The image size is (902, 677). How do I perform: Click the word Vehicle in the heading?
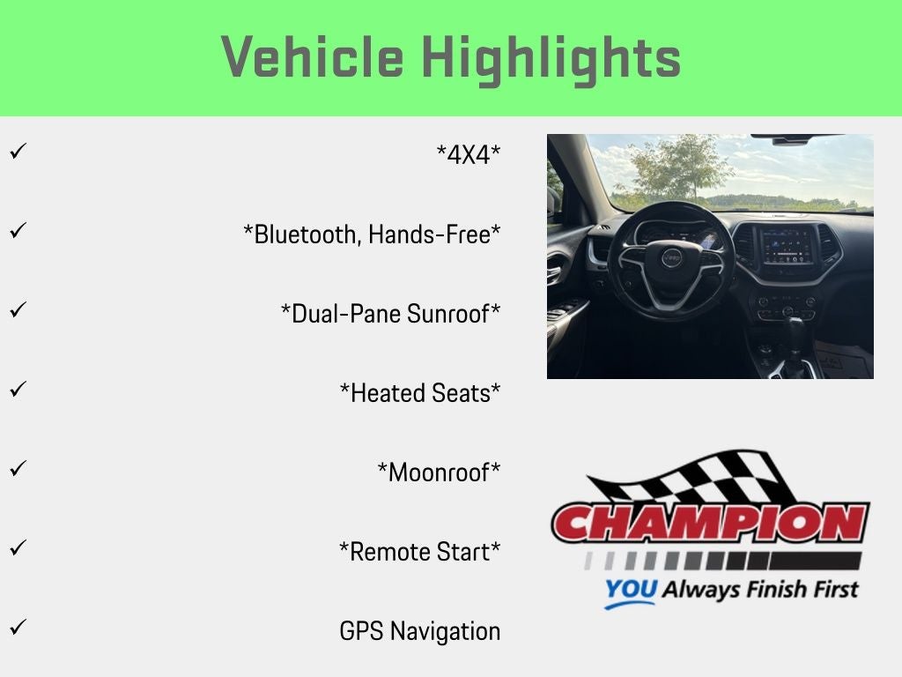(x=313, y=56)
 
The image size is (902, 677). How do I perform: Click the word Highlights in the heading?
(x=551, y=60)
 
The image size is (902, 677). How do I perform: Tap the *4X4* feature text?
(x=469, y=154)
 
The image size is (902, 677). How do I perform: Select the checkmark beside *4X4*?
(x=18, y=151)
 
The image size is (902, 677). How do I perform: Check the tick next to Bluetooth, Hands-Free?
(x=18, y=230)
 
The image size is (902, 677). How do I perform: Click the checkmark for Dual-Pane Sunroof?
(x=18, y=309)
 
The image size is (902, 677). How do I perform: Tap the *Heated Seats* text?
(x=420, y=393)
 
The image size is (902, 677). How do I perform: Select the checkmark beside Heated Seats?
(x=18, y=389)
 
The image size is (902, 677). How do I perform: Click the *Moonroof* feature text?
(x=439, y=472)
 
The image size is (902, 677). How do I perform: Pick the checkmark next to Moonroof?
(x=18, y=468)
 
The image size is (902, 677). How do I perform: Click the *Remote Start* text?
(x=420, y=552)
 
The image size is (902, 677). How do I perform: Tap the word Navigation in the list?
(x=445, y=631)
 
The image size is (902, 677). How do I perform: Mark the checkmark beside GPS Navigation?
(x=18, y=627)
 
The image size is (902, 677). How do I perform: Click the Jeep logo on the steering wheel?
(x=670, y=258)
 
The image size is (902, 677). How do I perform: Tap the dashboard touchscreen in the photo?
(x=788, y=246)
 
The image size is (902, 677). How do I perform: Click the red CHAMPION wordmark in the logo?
(x=711, y=523)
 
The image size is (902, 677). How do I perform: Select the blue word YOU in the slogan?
(x=631, y=589)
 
